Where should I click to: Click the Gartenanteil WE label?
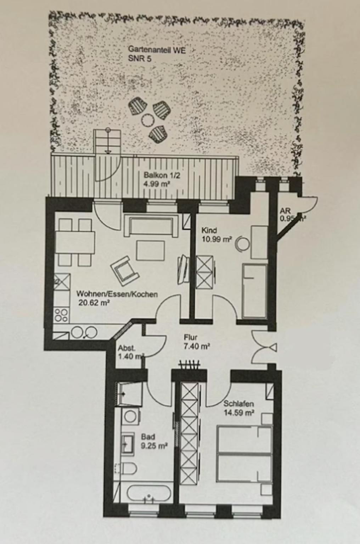point(157,50)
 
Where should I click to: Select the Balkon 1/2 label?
point(157,175)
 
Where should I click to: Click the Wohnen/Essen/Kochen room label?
point(117,294)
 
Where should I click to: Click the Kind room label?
point(209,231)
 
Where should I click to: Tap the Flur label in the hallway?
point(191,338)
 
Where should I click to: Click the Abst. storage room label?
point(127,348)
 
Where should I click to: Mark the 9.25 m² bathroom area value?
point(154,446)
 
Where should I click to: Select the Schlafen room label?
point(238,404)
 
